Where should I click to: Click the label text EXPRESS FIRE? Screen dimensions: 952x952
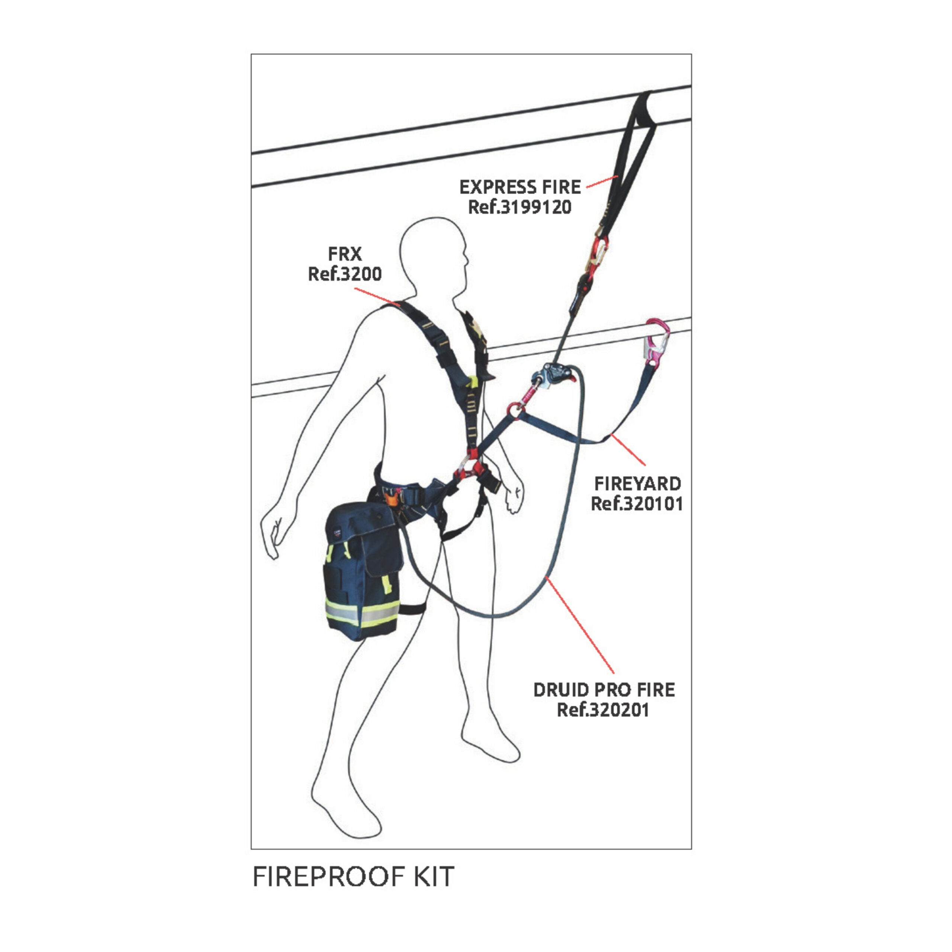520,187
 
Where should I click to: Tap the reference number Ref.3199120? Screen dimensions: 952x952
520,208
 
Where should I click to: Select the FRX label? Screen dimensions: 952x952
345,254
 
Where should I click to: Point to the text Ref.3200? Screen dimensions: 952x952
345,274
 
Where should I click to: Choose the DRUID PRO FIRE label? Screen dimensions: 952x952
604,690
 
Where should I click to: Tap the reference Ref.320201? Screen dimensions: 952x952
603,710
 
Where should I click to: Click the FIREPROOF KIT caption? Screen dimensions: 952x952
353,877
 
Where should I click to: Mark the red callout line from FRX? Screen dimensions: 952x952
377,297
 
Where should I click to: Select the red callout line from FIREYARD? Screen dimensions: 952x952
628,451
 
